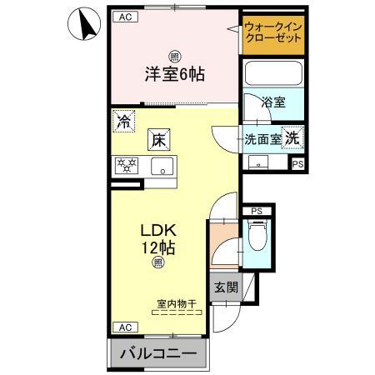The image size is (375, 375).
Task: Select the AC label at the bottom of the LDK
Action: pos(123,327)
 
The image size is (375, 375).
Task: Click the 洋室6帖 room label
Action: pos(172,73)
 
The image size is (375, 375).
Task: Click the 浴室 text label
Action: pos(274,102)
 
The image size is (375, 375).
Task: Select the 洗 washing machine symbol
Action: pos(293,138)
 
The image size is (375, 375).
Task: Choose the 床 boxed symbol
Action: pos(158,140)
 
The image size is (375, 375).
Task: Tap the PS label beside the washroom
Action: pos(297,164)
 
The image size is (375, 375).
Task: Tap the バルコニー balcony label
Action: pos(158,354)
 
